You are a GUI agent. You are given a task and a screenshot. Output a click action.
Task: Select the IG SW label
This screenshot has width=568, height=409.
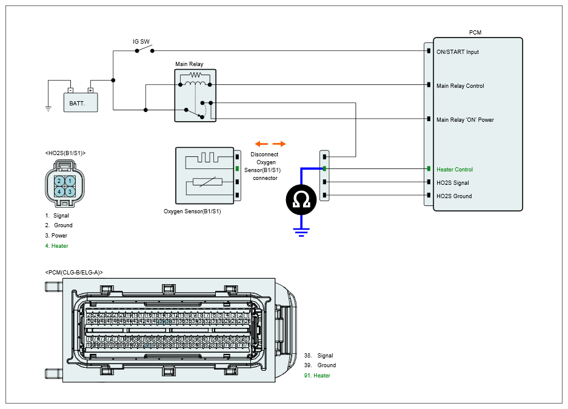tap(141, 42)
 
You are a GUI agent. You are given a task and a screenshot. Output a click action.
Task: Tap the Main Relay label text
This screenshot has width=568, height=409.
tap(189, 64)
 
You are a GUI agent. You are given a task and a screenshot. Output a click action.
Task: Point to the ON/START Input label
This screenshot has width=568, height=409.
tap(457, 52)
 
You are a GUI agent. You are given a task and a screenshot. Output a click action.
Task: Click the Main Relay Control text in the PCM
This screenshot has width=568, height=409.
tap(460, 86)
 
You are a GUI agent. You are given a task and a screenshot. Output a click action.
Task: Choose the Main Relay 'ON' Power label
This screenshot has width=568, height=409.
tap(465, 120)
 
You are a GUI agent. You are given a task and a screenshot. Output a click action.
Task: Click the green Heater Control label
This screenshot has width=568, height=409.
tap(455, 170)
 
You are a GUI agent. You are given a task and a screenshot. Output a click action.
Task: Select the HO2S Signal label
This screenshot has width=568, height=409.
tap(453, 183)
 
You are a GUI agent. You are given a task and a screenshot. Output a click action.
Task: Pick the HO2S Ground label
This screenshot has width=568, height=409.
tap(454, 196)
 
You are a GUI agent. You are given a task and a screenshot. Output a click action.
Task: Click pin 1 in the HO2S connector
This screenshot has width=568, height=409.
tap(70, 181)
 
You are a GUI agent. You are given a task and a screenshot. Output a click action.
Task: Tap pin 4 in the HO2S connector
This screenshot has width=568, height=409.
tap(59, 191)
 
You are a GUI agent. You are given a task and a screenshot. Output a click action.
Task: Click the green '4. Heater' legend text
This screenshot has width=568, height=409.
tap(56, 246)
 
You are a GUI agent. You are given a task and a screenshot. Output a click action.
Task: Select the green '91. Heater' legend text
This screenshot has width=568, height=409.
tap(317, 376)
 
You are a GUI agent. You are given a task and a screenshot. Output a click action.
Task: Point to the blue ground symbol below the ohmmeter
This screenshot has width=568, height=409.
tap(301, 231)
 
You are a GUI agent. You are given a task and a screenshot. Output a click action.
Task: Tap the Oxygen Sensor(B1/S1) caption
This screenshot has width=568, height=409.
tap(192, 212)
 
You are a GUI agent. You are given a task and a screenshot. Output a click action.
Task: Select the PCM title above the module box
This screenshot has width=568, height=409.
tap(475, 32)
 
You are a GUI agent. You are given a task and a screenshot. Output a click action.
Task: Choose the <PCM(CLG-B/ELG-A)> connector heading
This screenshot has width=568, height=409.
tap(74, 273)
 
